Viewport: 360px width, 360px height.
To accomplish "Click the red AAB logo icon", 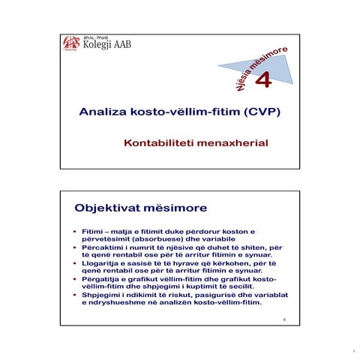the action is [x=70, y=43].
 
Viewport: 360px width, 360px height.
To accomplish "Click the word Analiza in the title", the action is [x=103, y=112].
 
